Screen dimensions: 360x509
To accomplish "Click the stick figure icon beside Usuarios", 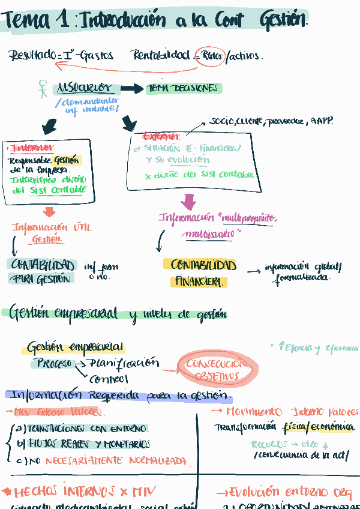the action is [x=43, y=89].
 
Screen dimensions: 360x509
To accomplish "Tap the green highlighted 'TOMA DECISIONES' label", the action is [x=184, y=88].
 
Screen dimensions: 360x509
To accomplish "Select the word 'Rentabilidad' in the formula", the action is [x=161, y=56].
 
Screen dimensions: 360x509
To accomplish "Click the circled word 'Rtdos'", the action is [x=212, y=56].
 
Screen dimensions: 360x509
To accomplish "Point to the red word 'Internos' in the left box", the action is [x=32, y=148].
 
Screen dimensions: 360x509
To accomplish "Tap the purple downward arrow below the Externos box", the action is [x=188, y=201].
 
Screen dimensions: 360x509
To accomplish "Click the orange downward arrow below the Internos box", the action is [x=49, y=212].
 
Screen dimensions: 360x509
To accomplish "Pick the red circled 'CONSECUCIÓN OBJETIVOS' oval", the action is [x=217, y=370].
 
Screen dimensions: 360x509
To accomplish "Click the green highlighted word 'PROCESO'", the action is [x=53, y=363].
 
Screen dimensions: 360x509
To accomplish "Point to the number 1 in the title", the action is [x=62, y=22].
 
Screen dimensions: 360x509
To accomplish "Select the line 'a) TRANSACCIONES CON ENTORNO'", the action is [x=83, y=429].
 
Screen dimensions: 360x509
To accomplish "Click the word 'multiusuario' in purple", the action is [x=209, y=233].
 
